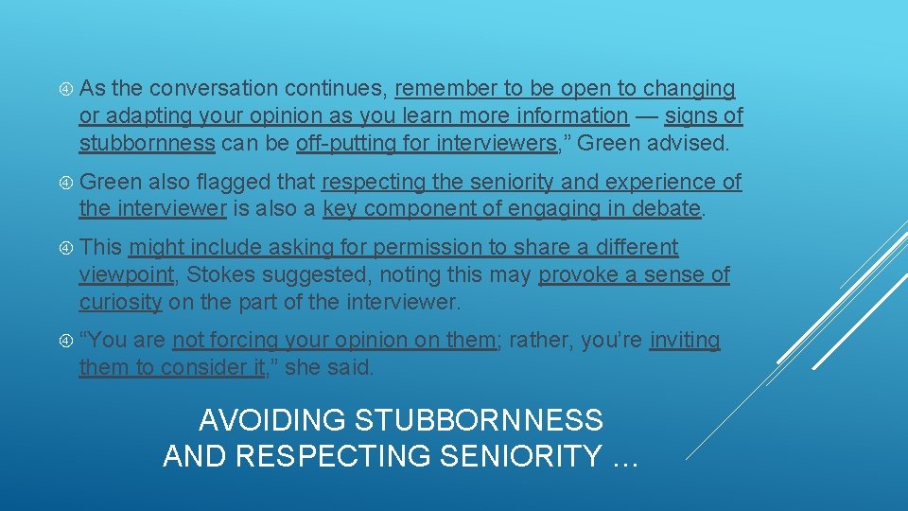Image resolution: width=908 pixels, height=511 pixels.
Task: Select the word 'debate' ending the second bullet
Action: (x=670, y=209)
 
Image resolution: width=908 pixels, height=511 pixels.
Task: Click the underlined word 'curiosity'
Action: (x=121, y=303)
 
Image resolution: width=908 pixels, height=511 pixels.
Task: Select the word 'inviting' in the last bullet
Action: (x=685, y=341)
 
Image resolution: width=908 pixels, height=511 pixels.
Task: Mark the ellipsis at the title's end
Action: (x=624, y=458)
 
